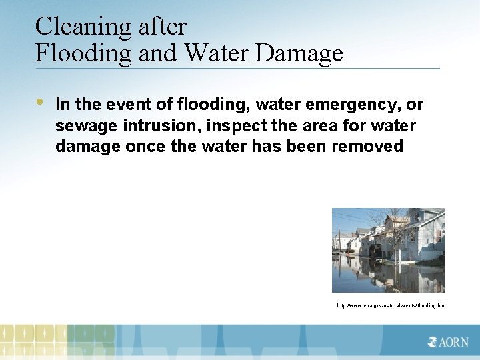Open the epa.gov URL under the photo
coord(392,305)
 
